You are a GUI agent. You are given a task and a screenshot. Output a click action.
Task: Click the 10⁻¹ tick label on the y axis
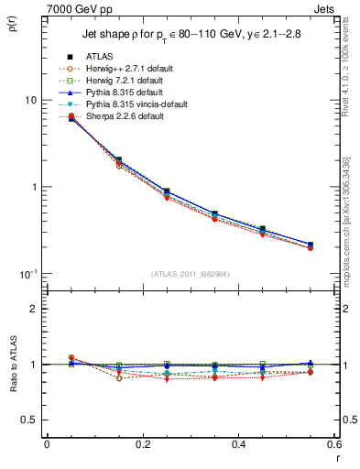coord(28,275)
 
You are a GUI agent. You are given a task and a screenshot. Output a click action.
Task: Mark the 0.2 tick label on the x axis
coord(142,443)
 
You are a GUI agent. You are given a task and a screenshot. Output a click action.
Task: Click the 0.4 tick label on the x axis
coord(238,443)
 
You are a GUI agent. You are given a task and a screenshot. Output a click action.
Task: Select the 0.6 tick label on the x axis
coord(333,443)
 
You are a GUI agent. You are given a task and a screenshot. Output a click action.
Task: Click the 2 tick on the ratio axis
coord(33,309)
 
